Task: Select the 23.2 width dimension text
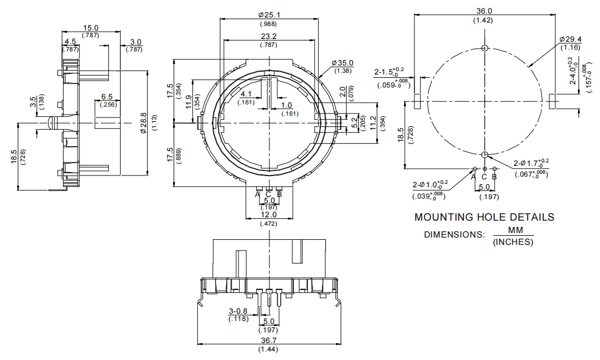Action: click(x=268, y=36)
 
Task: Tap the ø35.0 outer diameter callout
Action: click(x=342, y=62)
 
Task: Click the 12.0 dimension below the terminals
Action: click(x=268, y=214)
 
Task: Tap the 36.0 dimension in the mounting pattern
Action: click(x=484, y=11)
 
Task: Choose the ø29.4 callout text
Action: click(x=570, y=39)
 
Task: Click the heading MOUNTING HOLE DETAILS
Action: click(x=484, y=217)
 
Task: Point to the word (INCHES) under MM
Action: click(x=513, y=242)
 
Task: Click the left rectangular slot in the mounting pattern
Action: click(x=417, y=100)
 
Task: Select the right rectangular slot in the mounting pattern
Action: click(x=553, y=100)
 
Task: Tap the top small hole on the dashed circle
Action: click(x=484, y=47)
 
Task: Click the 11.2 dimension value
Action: click(x=373, y=122)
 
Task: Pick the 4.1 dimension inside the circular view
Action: click(x=246, y=94)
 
